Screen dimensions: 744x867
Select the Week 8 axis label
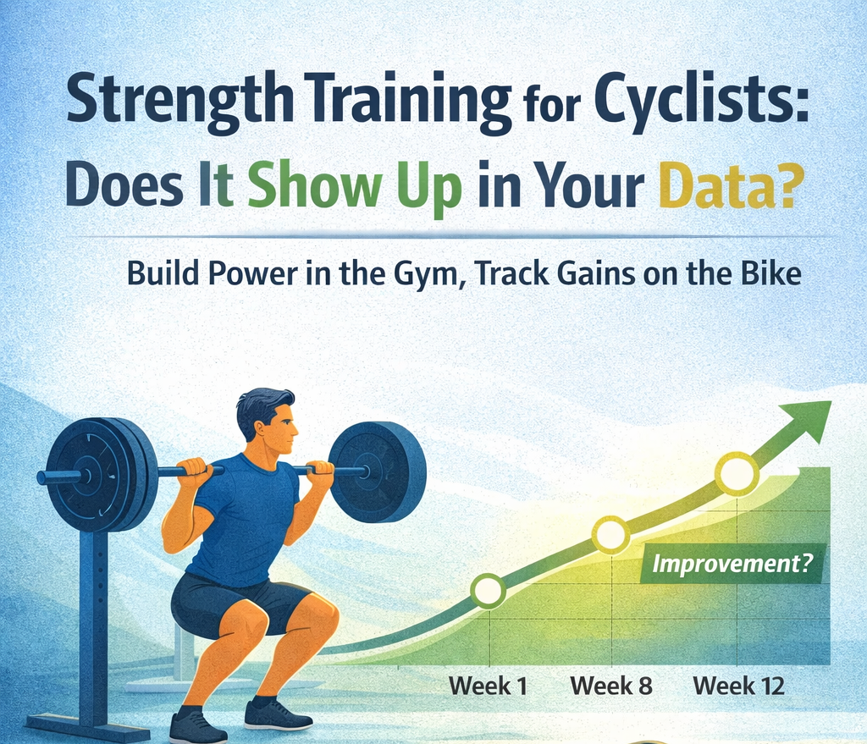click(x=611, y=686)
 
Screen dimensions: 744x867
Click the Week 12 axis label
click(x=738, y=686)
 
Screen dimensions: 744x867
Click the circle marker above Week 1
click(x=489, y=591)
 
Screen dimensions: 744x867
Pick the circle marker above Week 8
click(x=611, y=534)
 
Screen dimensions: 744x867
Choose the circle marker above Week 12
click(x=737, y=474)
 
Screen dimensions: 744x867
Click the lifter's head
click(x=269, y=423)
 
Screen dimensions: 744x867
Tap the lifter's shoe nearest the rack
click(x=197, y=726)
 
